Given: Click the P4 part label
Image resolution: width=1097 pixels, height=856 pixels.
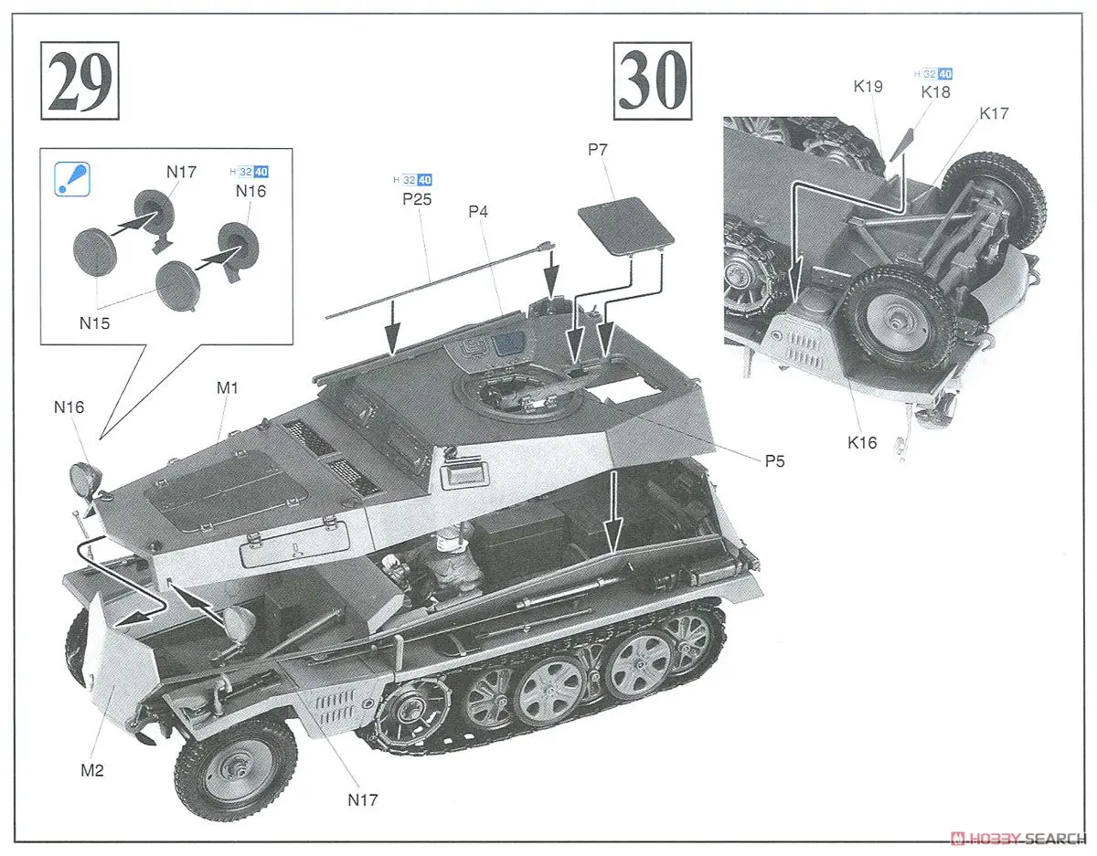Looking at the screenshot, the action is tap(478, 212).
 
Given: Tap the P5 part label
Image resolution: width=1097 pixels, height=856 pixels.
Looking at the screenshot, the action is tap(774, 460).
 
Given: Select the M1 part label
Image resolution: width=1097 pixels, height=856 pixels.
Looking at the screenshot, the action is tap(228, 387).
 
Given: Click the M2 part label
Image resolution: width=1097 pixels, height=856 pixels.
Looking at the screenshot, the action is tap(92, 770).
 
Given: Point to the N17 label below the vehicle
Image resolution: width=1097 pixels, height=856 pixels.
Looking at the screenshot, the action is tap(362, 800).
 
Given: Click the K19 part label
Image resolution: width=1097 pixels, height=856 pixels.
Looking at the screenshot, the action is tap(868, 87).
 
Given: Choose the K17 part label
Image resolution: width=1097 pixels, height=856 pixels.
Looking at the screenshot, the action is tap(994, 113).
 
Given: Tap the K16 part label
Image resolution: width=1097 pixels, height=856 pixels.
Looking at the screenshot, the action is tap(861, 443).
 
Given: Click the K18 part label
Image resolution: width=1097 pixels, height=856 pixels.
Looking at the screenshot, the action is tap(935, 91).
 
